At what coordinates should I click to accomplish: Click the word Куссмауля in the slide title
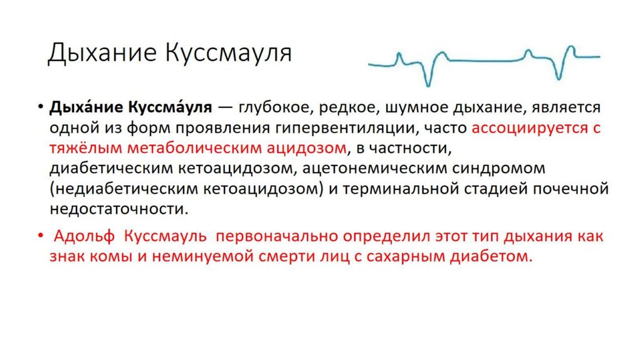click(x=229, y=53)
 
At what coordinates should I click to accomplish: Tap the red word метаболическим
click(x=177, y=149)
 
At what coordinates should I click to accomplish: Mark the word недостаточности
click(x=118, y=209)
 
